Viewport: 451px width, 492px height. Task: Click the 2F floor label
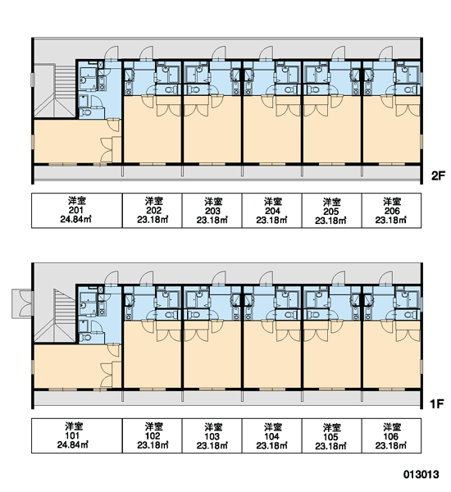click(x=438, y=175)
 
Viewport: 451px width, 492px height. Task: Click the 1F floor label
click(x=437, y=403)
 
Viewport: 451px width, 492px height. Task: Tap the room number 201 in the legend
click(x=75, y=210)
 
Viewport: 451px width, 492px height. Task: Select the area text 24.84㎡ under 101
click(x=72, y=444)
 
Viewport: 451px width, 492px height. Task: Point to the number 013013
click(x=421, y=474)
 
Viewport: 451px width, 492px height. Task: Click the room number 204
click(x=272, y=211)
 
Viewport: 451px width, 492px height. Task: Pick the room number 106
click(x=391, y=436)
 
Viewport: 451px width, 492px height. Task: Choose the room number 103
click(x=212, y=436)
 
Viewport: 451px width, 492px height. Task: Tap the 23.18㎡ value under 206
click(x=391, y=220)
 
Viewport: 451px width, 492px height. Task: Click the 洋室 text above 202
click(x=154, y=201)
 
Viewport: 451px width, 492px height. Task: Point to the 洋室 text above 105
click(x=331, y=428)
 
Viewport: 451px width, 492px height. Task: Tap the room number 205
click(x=331, y=212)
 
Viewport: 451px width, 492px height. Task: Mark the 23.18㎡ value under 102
click(x=153, y=445)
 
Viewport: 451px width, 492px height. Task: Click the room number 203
click(x=212, y=211)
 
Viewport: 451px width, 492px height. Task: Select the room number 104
click(x=271, y=436)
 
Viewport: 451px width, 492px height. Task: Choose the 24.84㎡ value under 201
click(x=75, y=219)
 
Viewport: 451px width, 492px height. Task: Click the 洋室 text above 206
click(x=392, y=202)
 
